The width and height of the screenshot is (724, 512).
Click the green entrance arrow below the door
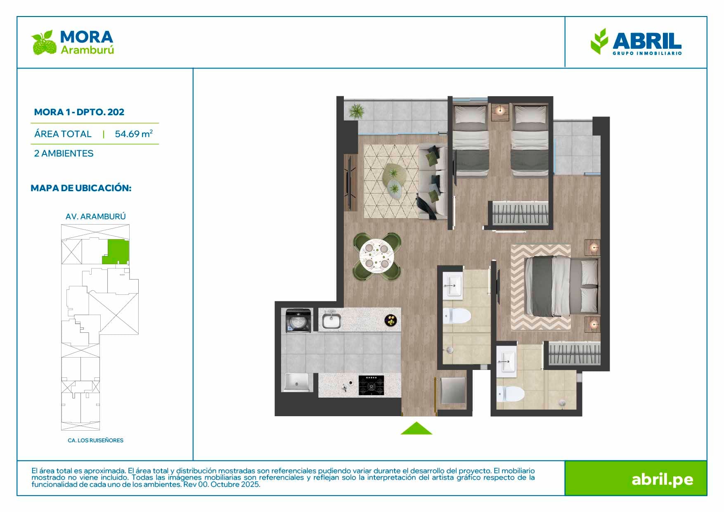point(416,429)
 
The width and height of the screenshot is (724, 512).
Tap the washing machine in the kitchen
point(298,321)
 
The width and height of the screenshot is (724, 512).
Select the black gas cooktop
point(371,385)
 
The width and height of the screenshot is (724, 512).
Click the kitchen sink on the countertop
point(331,320)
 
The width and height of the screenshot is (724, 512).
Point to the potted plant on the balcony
point(356,111)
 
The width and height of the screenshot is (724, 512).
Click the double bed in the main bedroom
point(561,286)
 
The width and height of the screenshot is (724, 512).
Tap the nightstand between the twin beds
point(500,112)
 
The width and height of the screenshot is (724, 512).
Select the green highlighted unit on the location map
point(116,252)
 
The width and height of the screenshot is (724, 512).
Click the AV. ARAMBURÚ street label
point(95,216)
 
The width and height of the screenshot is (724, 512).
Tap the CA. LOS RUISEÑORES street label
point(95,441)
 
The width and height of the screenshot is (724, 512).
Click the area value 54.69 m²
point(134,134)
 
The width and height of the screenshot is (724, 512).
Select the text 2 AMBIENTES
point(64,153)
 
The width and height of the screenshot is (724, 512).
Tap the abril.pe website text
point(662,479)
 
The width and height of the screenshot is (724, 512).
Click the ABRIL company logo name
point(647,41)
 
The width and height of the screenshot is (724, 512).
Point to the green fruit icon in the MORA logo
point(44,43)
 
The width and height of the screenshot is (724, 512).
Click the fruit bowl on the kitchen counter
point(390,320)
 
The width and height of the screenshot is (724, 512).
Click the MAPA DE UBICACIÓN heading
point(81,188)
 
